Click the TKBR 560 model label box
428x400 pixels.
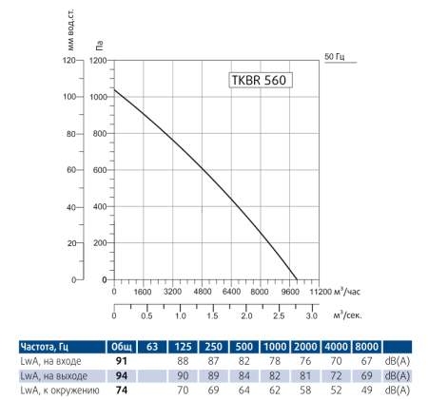[259, 81]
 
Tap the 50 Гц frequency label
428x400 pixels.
[335, 55]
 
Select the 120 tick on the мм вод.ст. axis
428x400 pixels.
[68, 60]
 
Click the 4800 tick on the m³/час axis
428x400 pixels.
[202, 293]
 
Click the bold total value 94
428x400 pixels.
[122, 376]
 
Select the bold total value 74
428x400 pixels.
[122, 390]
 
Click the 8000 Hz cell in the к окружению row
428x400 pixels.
[367, 390]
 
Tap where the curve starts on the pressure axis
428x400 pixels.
[115, 90]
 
